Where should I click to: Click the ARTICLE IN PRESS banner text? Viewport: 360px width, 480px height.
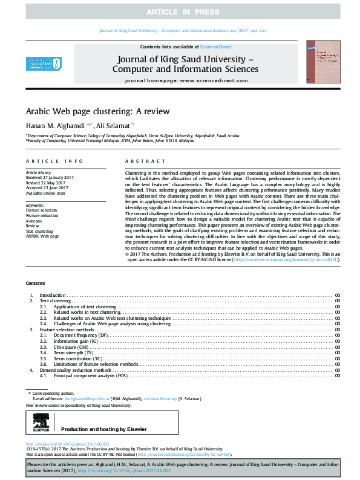click(x=180, y=12)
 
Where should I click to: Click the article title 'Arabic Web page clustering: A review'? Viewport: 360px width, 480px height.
click(x=97, y=112)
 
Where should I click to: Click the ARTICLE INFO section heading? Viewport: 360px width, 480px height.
click(x=54, y=161)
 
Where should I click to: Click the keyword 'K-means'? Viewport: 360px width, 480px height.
click(x=34, y=221)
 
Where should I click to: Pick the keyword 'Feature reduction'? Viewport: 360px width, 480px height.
click(x=42, y=215)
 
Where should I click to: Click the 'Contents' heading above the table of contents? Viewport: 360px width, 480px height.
click(x=35, y=284)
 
